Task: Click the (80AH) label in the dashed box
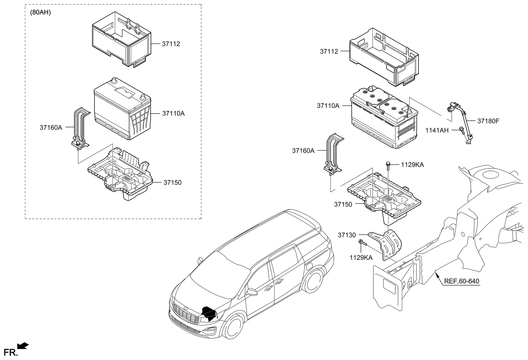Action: click(x=41, y=13)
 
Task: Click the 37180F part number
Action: click(x=488, y=121)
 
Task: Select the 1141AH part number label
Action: click(x=437, y=130)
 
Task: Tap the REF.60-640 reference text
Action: click(x=462, y=281)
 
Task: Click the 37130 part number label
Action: click(x=347, y=235)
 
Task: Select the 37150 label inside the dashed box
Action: click(x=172, y=183)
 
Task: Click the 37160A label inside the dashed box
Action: click(x=51, y=128)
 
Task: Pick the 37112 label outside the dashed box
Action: click(x=329, y=52)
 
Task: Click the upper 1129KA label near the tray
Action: click(x=412, y=165)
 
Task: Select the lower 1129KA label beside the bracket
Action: click(x=361, y=258)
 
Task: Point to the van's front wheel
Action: click(x=233, y=329)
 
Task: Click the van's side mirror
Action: click(x=252, y=292)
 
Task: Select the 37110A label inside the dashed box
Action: click(x=173, y=113)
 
